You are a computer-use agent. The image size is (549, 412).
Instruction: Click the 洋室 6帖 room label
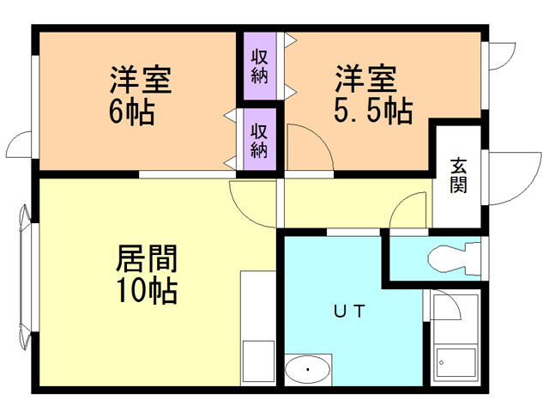tap(140, 95)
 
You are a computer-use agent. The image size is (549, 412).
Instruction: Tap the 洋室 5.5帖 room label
tap(370, 95)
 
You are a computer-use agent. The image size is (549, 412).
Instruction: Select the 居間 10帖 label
tap(146, 273)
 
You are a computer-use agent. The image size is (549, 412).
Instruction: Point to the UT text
tap(347, 312)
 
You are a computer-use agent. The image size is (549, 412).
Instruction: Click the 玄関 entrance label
tap(459, 175)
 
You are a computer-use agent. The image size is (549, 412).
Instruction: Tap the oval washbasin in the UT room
tap(308, 370)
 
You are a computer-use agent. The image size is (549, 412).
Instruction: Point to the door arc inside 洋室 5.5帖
tap(309, 146)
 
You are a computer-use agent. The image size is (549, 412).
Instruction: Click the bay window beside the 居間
tap(24, 275)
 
